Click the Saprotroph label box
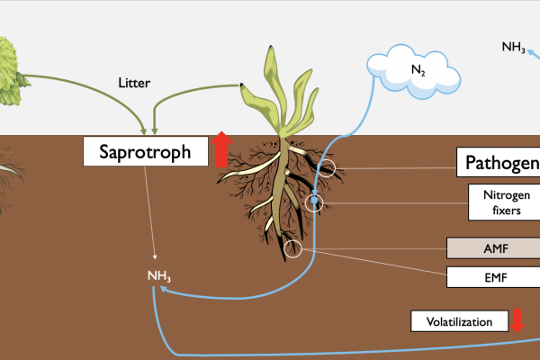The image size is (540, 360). [144, 151]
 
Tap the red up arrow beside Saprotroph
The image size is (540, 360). [222, 148]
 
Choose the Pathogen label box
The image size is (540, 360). [499, 163]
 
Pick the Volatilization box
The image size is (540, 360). [459, 320]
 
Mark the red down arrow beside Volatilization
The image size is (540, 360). [517, 319]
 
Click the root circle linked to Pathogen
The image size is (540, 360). [326, 167]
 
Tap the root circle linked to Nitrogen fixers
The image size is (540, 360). [313, 202]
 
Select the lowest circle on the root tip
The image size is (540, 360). [292, 248]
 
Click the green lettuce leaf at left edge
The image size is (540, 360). [8, 59]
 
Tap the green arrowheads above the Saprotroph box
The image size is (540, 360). [146, 127]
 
